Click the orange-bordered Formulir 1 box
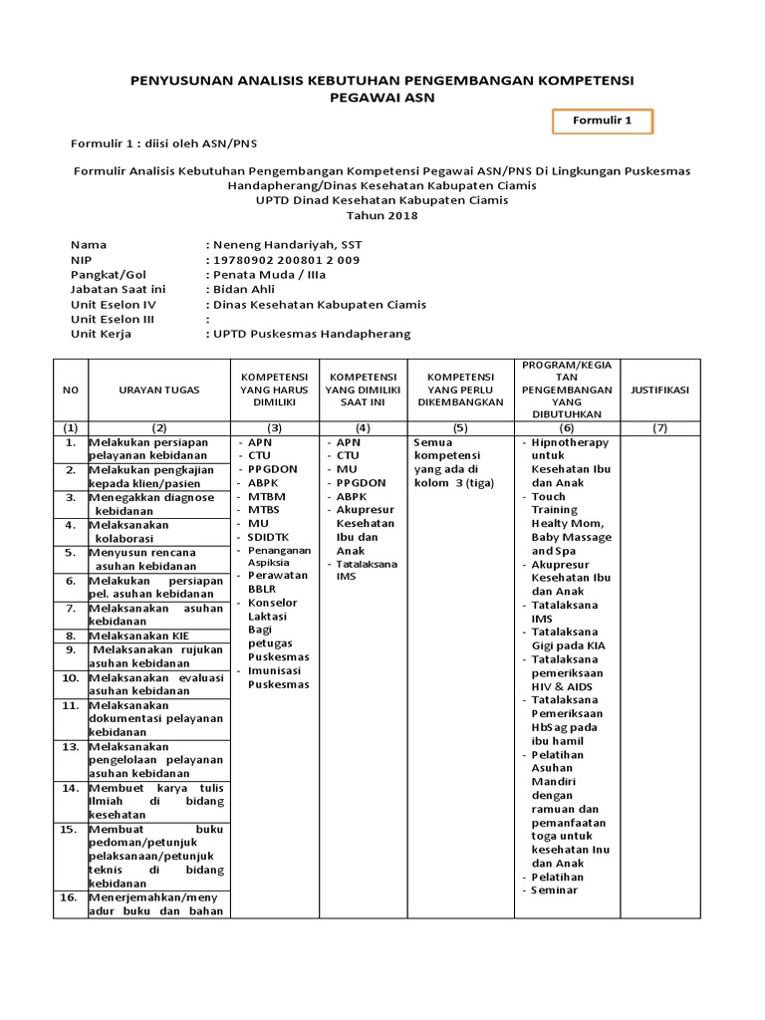[x=603, y=122]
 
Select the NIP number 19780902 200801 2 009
[x=285, y=260]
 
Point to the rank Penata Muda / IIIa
[x=268, y=275]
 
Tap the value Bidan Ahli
[x=245, y=290]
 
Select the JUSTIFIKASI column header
[x=660, y=390]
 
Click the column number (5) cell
[x=460, y=427]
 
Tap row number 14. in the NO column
[x=70, y=787]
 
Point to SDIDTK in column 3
[x=268, y=537]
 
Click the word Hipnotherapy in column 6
[x=570, y=442]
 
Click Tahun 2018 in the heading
[x=382, y=215]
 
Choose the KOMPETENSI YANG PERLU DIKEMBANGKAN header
[x=460, y=390]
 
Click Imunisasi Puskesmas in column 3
[x=278, y=677]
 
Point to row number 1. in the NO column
[x=70, y=441]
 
